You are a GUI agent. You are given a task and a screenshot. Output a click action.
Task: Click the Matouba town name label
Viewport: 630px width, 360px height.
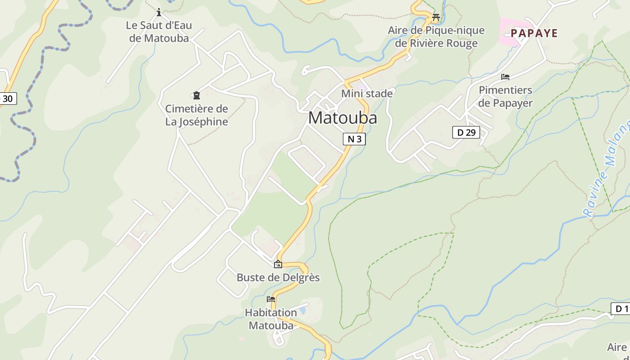pos(342,118)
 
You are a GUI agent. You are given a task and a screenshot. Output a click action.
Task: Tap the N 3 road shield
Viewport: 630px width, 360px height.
pos(354,139)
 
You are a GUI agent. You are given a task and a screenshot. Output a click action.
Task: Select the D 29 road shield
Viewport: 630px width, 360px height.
pos(466,132)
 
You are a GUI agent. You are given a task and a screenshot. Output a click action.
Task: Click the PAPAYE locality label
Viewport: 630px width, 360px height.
pos(534,33)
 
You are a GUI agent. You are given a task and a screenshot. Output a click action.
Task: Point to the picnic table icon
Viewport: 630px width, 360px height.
pos(436,18)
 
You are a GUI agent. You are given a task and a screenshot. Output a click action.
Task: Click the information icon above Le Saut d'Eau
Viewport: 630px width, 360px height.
pos(158,12)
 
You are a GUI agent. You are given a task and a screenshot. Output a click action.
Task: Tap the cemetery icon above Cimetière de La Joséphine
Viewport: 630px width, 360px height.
pos(196,95)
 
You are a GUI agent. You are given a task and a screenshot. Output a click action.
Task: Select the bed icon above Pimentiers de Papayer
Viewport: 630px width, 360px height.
pos(505,77)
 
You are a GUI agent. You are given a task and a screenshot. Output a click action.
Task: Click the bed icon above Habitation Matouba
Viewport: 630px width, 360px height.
pos(270,299)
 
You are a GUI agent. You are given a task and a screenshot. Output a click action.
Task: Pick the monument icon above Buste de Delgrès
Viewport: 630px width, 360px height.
pos(278,264)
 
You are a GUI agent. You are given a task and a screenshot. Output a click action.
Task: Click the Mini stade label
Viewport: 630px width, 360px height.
pos(367,94)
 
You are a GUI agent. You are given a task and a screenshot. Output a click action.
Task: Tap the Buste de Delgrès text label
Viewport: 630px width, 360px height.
pos(278,278)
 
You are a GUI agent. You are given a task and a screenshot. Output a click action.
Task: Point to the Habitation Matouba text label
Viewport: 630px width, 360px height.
pos(271,319)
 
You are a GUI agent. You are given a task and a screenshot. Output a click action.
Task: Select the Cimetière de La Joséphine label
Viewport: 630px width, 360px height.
pos(197,115)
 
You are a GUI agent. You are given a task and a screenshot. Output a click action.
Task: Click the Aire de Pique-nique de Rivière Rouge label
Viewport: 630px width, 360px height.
pos(436,37)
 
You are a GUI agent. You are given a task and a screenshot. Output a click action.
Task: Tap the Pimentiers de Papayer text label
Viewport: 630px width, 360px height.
pos(505,96)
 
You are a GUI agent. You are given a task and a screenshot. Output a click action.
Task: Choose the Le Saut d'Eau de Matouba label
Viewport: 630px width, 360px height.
pos(159,31)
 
